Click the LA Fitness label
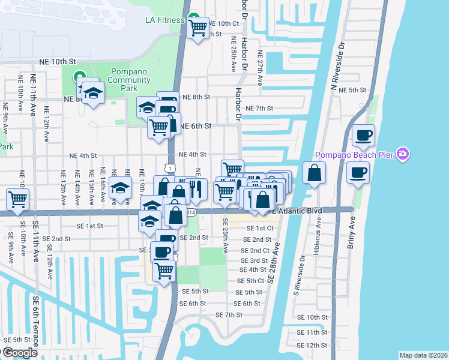click(x=164, y=20)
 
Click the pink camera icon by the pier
click(x=402, y=155)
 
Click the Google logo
click(x=19, y=353)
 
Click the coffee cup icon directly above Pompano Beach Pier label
click(x=363, y=135)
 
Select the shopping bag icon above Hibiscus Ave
click(x=314, y=173)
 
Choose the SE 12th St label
click(x=316, y=346)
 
